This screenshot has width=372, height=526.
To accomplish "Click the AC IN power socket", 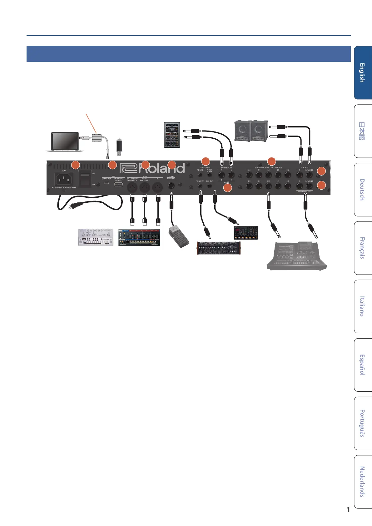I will point(64,179).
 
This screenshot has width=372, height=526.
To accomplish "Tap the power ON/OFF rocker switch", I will point(85,179).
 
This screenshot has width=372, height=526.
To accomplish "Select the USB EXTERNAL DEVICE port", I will point(118,184).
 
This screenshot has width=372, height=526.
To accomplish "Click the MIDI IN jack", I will point(157,187).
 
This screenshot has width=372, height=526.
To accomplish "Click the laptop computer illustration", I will point(65,142).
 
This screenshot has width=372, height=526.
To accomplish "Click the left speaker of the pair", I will point(243,131).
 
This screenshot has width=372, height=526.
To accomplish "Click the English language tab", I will point(362,73).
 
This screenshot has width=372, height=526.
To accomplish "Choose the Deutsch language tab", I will point(362,190).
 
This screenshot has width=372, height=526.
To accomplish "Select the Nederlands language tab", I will point(362,481).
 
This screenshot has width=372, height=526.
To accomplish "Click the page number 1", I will point(348,509).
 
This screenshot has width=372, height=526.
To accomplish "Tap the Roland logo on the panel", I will point(152,168).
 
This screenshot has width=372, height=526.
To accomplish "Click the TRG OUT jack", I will point(200,186).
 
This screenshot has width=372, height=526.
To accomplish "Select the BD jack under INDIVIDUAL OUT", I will point(288,175).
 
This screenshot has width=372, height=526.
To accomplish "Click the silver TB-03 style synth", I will point(95,237).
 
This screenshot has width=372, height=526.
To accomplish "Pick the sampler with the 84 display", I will point(172,135).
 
